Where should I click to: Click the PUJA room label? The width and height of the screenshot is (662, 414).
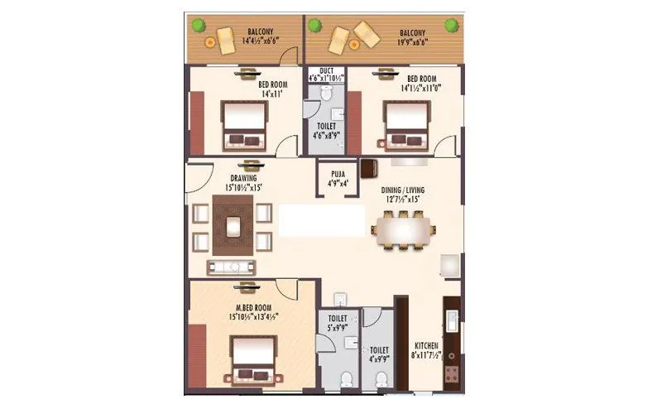pyautogui.click(x=338, y=174)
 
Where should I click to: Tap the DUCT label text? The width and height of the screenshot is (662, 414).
pyautogui.click(x=326, y=71)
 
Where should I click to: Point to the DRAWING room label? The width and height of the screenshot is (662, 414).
pyautogui.click(x=243, y=178)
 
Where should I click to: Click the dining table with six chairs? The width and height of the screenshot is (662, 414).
pyautogui.click(x=403, y=229)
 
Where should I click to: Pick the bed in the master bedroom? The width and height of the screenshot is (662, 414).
pyautogui.click(x=252, y=360)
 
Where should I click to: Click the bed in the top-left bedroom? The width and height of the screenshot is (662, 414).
pyautogui.click(x=244, y=124)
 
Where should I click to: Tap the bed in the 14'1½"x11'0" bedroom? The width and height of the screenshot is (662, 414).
pyautogui.click(x=405, y=124)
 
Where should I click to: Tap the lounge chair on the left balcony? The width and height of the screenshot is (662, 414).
pyautogui.click(x=225, y=39)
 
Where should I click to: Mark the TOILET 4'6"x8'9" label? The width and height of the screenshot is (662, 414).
pyautogui.click(x=326, y=130)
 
